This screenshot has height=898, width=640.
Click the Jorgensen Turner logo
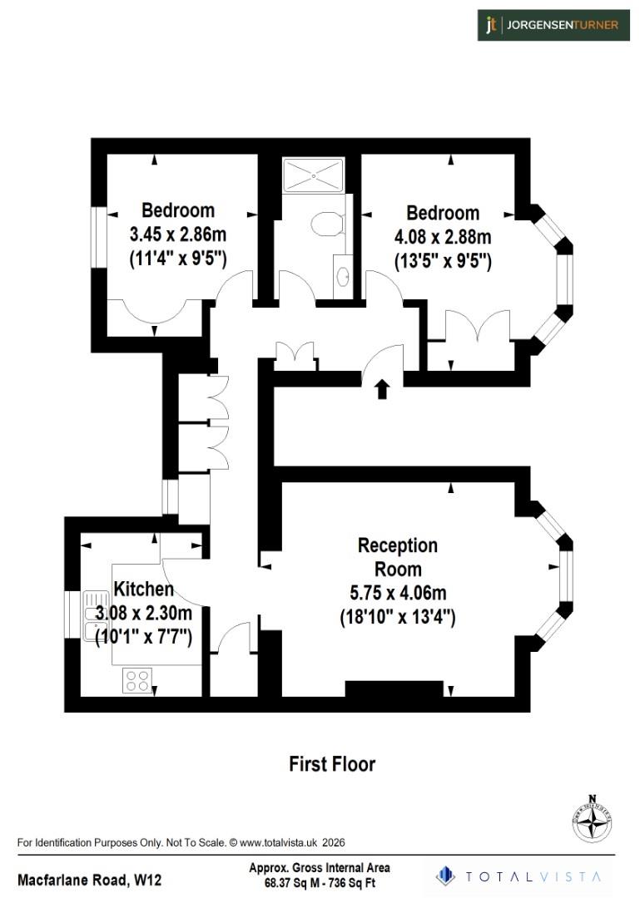(553, 25)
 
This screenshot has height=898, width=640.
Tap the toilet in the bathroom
(325, 224)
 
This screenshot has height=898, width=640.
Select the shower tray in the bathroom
(313, 175)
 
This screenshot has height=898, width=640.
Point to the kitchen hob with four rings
(137, 681)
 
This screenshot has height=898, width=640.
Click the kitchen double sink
(91, 616)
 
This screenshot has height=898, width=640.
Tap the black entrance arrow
(382, 389)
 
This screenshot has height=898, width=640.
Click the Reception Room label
(397, 558)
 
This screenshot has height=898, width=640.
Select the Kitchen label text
(144, 590)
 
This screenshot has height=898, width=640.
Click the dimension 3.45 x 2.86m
(178, 234)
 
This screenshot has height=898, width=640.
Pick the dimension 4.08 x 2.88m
(443, 236)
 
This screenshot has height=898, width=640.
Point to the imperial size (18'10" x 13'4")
(397, 618)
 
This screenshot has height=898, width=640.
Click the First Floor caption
(332, 763)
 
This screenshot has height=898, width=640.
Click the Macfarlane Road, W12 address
(90, 879)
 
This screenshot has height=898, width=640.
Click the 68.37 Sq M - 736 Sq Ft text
(320, 883)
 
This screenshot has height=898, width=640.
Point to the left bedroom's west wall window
(98, 237)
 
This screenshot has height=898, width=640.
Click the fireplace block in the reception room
(394, 688)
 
